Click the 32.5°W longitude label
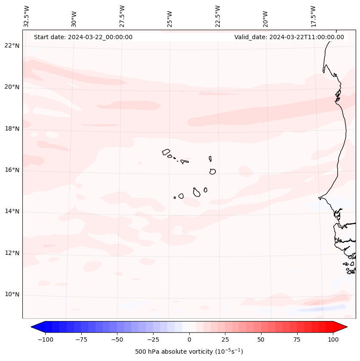[x=27, y=16]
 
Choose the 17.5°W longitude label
[x=313, y=16]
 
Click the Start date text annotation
[x=83, y=37]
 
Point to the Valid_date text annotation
[x=289, y=37]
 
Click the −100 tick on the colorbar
[x=45, y=339]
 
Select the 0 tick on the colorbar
[x=189, y=339]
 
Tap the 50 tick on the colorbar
[x=261, y=339]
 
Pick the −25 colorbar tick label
[x=153, y=339]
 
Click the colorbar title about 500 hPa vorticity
[x=189, y=352]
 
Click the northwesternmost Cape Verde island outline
[x=166, y=152]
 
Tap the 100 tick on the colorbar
[x=333, y=339]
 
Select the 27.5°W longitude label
[x=122, y=16]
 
